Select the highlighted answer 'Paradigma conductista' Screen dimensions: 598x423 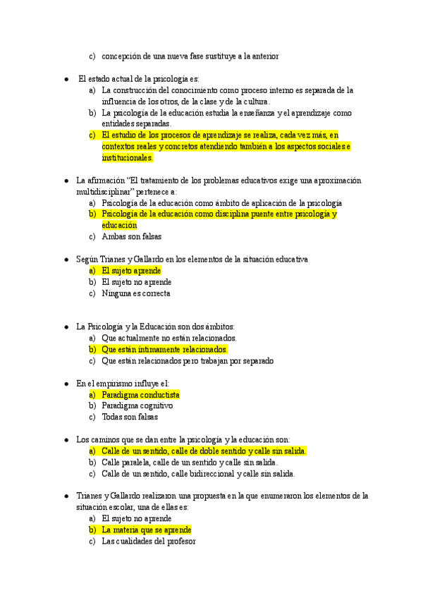tap(140, 395)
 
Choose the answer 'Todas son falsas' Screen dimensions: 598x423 tap(130, 417)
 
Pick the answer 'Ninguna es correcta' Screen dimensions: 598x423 tap(136, 293)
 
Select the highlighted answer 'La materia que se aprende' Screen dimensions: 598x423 tap(147, 530)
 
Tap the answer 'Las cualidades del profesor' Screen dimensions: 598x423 tap(148, 541)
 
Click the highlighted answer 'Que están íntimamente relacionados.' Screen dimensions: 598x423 tap(165, 349)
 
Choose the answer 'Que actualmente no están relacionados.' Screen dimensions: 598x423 tap(168, 338)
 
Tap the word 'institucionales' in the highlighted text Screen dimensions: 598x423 tap(127, 158)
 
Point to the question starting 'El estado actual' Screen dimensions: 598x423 tap(138, 79)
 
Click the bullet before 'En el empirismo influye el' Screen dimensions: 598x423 tap(66, 384)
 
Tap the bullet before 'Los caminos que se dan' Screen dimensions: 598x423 tap(66, 439)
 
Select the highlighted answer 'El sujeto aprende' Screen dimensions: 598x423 tap(131, 271)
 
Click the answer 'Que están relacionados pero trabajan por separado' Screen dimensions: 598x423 tap(188, 361)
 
